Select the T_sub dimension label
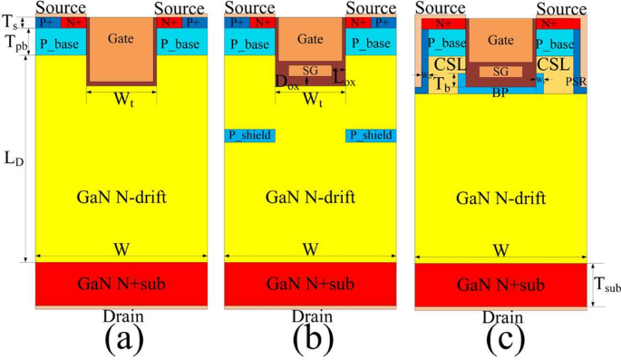point(606,287)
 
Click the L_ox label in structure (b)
point(344,80)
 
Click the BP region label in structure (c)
point(500,92)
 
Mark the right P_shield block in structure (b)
point(371,135)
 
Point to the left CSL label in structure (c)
point(449,65)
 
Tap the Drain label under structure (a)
point(121,316)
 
